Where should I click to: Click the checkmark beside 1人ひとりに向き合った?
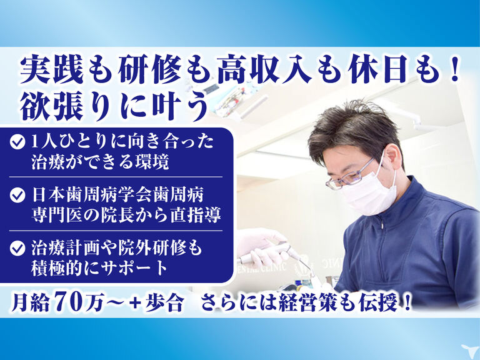[17, 142]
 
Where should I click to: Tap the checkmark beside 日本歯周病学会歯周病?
[17, 195]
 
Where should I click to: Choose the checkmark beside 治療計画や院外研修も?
[17, 248]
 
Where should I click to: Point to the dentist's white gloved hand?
[260, 245]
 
